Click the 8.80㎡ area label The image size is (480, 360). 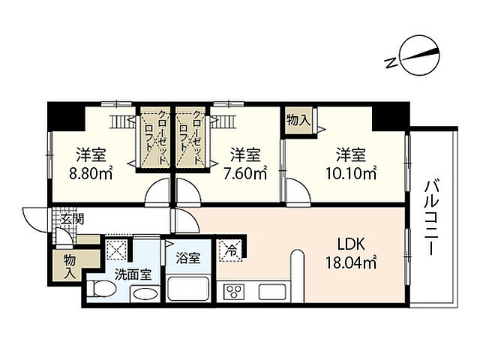pyautogui.click(x=91, y=174)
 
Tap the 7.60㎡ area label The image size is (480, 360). pyautogui.click(x=245, y=174)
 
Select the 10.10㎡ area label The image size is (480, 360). pyautogui.click(x=351, y=174)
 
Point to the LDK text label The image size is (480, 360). pyautogui.click(x=351, y=244)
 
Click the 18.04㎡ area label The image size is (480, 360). pyautogui.click(x=351, y=262)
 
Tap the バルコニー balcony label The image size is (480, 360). pyautogui.click(x=432, y=217)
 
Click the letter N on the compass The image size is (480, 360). pyautogui.click(x=391, y=63)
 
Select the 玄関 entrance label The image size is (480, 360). pyautogui.click(x=72, y=219)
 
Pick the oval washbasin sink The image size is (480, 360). pyautogui.click(x=145, y=295)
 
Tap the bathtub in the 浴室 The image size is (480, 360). pyautogui.click(x=187, y=289)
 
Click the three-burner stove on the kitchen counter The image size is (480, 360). pyautogui.click(x=234, y=292)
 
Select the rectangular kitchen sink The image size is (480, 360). pyautogui.click(x=272, y=292)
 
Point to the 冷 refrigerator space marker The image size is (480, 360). pyautogui.click(x=231, y=250)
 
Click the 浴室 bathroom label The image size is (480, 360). pyautogui.click(x=188, y=258)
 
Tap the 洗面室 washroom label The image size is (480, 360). pyautogui.click(x=133, y=274)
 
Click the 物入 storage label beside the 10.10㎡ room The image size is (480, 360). pyautogui.click(x=298, y=120)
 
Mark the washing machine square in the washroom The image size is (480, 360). pyautogui.click(x=116, y=250)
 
